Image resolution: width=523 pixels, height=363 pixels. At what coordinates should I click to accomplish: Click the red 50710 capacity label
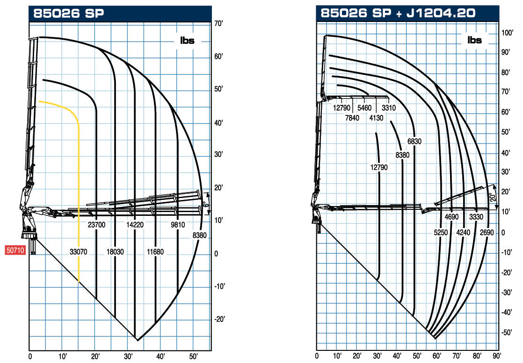pos(15,250)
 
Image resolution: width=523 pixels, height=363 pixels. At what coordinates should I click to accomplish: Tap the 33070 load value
pos(79,252)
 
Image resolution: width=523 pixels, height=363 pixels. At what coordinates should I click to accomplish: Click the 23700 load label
pos(96,225)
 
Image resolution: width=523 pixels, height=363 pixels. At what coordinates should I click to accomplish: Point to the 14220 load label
pos(135,225)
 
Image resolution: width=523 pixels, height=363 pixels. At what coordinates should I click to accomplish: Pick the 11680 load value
pos(155,252)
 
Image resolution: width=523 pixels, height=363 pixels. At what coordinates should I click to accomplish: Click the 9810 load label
pos(178,225)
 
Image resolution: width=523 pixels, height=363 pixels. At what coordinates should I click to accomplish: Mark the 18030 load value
pos(115,252)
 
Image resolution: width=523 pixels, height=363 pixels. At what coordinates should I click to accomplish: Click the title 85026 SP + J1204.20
pos(398,13)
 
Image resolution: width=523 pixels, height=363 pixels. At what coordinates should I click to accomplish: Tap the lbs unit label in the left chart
pos(187,41)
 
